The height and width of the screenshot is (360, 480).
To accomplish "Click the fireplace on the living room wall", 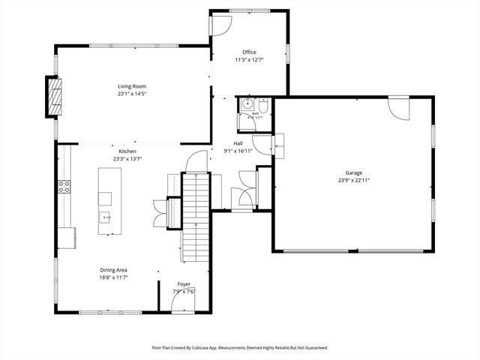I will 54,96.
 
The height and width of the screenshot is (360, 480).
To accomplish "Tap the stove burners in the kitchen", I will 64,187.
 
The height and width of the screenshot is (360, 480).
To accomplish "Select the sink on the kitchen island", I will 105,217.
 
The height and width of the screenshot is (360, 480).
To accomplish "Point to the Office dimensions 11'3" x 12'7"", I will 249,60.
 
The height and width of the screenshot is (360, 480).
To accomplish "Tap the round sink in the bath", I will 245,106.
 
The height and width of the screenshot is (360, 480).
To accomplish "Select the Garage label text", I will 353,172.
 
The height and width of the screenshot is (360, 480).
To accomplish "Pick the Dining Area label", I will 114,270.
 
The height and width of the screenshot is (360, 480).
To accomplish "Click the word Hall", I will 238,143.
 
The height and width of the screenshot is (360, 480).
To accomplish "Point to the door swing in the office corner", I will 220,25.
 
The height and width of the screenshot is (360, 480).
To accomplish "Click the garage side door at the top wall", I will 399,109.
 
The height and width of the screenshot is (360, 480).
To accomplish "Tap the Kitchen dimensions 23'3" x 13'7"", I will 127,158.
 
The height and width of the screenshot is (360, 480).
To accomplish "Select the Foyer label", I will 183,284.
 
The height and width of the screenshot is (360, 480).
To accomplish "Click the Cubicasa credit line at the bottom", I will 240,347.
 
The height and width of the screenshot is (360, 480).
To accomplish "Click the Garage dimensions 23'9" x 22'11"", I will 353,180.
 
